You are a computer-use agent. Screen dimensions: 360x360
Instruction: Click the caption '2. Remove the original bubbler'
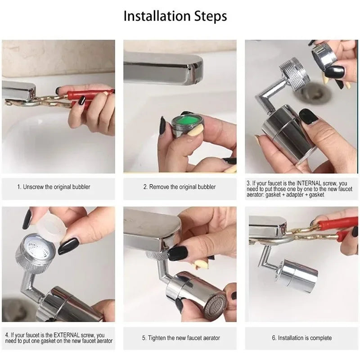coord(180,187)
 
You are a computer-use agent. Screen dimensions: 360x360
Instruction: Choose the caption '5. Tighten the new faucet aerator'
coord(180,338)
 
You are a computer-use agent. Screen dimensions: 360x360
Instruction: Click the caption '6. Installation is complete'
coord(301,338)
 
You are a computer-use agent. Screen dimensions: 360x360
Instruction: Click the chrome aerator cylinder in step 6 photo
coord(297,275)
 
